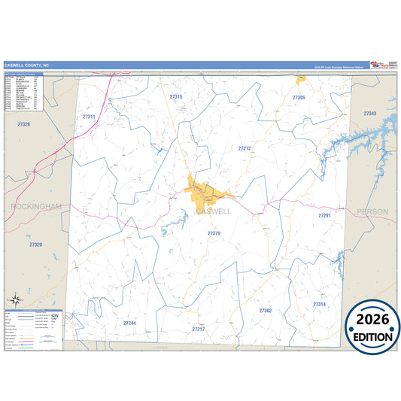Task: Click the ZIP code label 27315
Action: [x=176, y=97]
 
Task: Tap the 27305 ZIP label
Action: [x=299, y=98]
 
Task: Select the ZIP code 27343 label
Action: [x=369, y=113]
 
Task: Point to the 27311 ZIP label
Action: [x=89, y=117]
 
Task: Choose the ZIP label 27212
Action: [x=245, y=149]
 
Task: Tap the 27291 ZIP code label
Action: [x=324, y=216]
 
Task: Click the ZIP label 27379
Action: [x=214, y=234]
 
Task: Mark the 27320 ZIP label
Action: [x=35, y=245]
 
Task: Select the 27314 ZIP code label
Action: [x=320, y=304]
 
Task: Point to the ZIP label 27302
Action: [x=266, y=310]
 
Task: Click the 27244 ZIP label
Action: [x=129, y=323]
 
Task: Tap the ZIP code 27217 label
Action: [x=199, y=330]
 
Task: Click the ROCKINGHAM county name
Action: [x=35, y=205]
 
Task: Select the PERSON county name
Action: [x=372, y=212]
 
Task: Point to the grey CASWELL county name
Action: [x=214, y=211]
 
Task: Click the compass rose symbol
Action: [x=15, y=300]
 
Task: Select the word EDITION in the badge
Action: [x=372, y=337]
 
